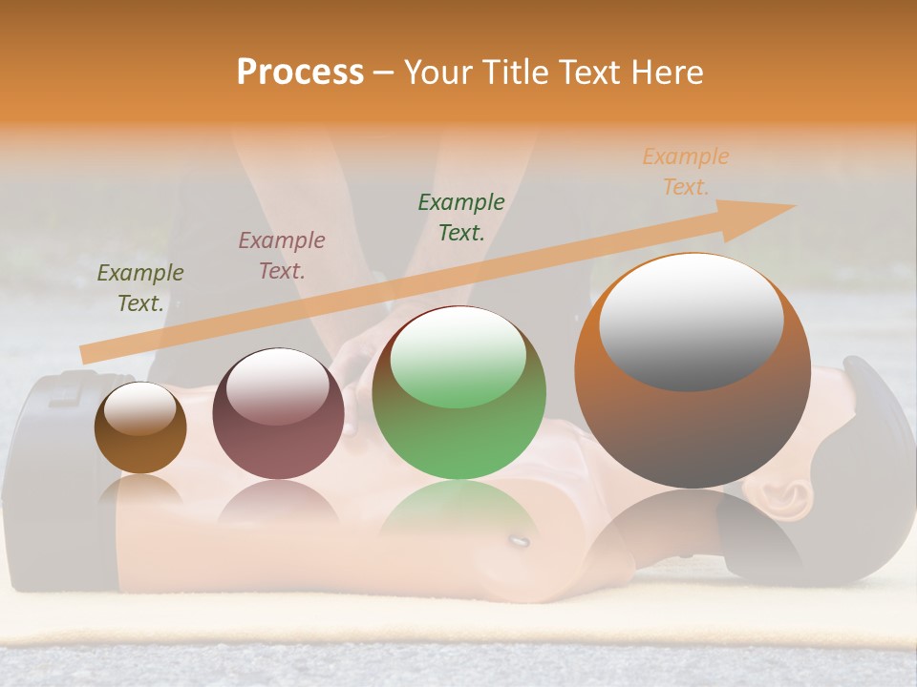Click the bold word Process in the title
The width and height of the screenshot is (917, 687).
point(300,72)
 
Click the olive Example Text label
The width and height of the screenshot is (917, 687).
point(140,288)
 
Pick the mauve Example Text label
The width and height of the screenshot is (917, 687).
point(282,256)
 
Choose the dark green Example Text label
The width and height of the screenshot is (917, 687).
point(461,217)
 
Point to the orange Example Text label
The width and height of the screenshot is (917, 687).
point(686,172)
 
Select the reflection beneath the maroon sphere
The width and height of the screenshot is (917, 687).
point(277,504)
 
